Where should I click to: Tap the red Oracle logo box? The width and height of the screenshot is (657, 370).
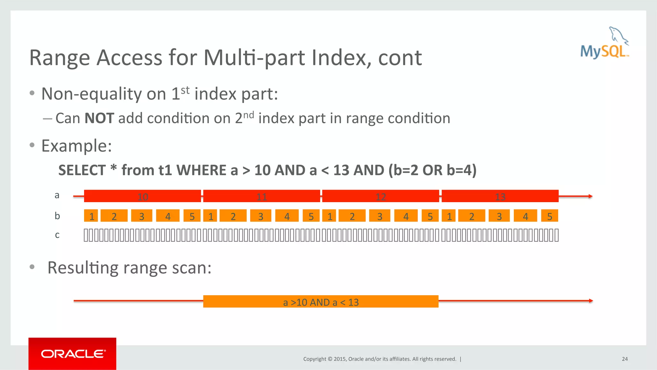[x=72, y=353]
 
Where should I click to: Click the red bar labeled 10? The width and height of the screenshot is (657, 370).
[x=142, y=196]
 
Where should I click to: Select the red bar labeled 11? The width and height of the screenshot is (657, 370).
[x=261, y=196]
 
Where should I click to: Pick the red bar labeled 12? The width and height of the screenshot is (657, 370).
[x=380, y=196]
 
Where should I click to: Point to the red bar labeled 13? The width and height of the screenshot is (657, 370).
[x=500, y=196]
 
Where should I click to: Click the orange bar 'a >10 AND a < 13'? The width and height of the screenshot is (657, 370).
[x=320, y=302]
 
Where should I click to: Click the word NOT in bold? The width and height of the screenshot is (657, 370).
[x=99, y=118]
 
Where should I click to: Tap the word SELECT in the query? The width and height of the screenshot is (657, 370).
[x=82, y=170]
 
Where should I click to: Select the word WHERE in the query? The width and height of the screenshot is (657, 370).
[x=201, y=170]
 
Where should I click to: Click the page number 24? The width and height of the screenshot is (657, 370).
[x=625, y=359]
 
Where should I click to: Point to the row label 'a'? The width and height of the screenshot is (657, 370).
[x=57, y=195]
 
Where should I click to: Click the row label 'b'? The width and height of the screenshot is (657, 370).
[x=57, y=216]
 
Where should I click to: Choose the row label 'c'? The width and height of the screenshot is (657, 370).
[x=57, y=235]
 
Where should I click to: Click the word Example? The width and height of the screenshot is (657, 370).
[x=76, y=146]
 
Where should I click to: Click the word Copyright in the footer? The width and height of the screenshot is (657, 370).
[x=314, y=359]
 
